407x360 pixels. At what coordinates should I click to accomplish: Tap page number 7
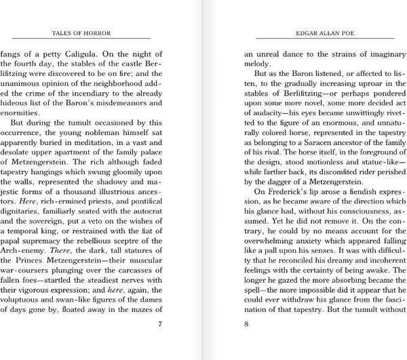click(x=159, y=323)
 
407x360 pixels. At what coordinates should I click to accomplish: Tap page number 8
click(x=247, y=323)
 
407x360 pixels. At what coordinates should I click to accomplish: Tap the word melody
click(x=260, y=63)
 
